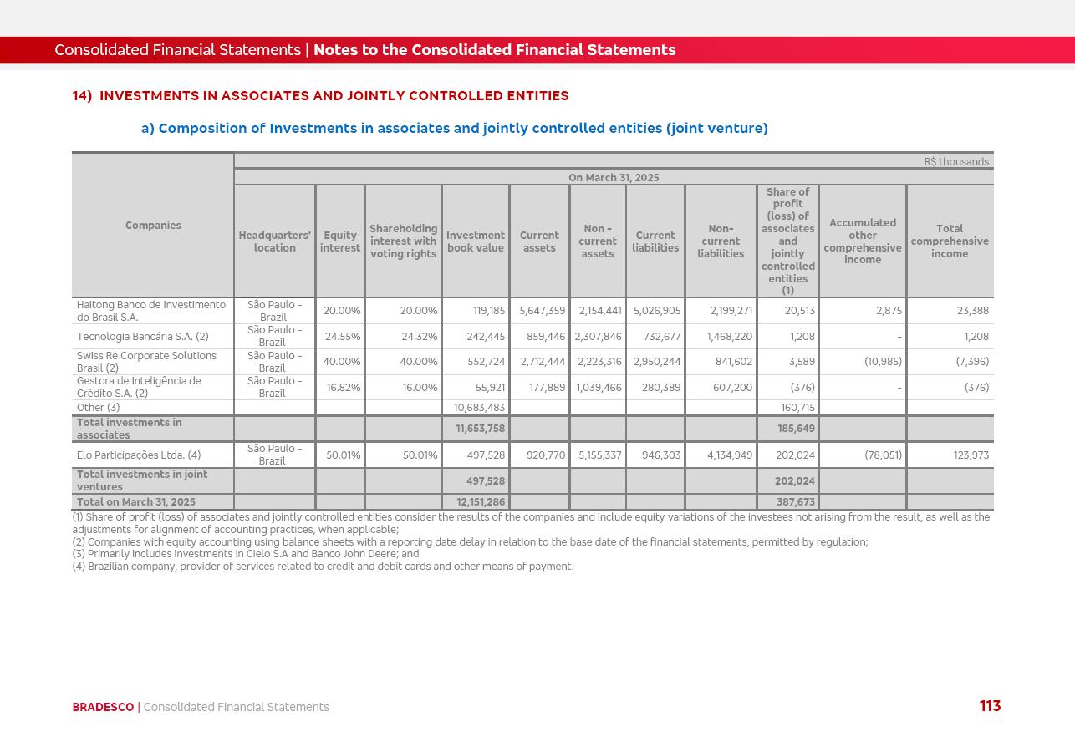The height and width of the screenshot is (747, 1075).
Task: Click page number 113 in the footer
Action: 990,706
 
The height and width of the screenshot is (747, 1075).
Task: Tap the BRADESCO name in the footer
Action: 103,707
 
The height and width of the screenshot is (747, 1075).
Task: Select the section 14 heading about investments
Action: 320,96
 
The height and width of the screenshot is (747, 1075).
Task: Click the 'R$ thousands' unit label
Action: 956,162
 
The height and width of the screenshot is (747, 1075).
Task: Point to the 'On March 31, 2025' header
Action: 614,178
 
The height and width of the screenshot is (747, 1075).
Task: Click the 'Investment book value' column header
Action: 476,241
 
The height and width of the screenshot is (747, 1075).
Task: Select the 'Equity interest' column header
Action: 340,241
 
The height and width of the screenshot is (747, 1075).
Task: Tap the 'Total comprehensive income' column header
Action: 950,241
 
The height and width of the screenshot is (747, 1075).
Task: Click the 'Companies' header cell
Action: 153,226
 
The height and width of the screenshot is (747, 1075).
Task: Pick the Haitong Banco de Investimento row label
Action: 151,311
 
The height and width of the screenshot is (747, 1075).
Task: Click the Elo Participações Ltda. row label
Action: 139,455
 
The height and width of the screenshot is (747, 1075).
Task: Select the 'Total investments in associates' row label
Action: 130,429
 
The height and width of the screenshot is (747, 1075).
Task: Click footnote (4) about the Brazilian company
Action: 323,567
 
